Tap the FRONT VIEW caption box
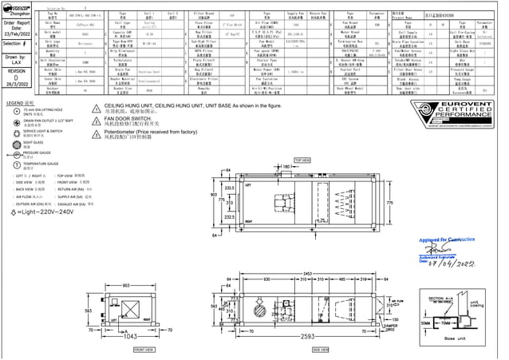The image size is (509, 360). [144, 349]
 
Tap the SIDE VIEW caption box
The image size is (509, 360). [321, 349]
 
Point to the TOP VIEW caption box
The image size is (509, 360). [302, 160]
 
